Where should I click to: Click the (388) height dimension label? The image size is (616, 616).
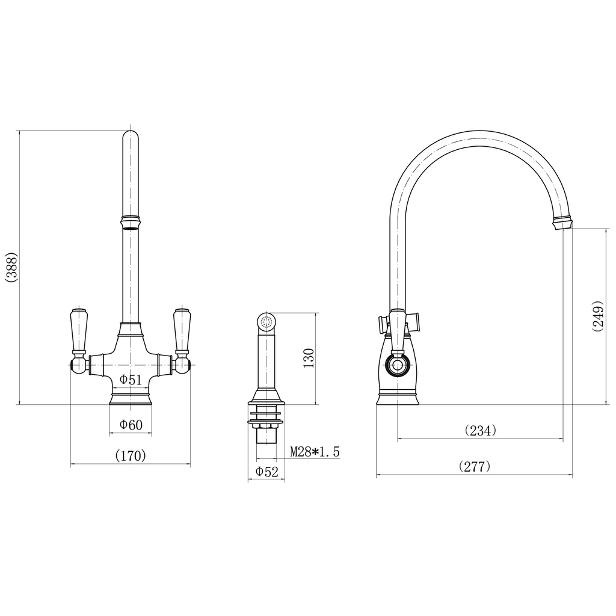(x=11, y=267)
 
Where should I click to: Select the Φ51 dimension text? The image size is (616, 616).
(x=131, y=380)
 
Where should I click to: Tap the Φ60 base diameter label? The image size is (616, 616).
(x=131, y=425)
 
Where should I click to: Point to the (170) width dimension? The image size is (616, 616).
(x=131, y=456)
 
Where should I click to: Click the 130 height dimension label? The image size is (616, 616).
(x=309, y=359)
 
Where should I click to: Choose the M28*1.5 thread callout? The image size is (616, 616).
(x=315, y=451)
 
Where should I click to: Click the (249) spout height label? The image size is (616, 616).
(x=597, y=316)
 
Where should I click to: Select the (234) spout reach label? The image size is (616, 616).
(x=481, y=431)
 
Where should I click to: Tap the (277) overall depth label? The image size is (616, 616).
(x=475, y=466)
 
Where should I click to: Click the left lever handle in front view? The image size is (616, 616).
(x=79, y=331)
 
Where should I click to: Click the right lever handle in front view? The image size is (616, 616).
(x=182, y=331)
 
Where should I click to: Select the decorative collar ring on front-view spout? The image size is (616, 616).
(x=131, y=222)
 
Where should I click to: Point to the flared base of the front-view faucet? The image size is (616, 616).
(x=131, y=398)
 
